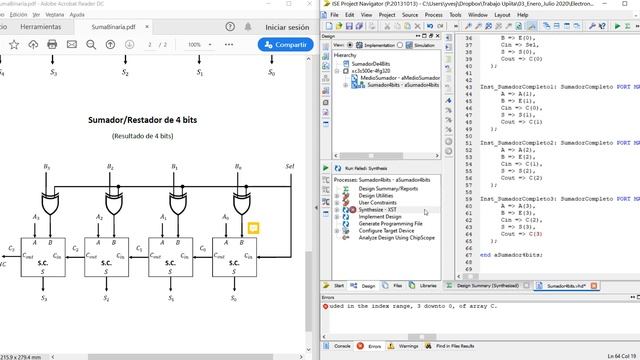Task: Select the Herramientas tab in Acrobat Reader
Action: click(x=40, y=27)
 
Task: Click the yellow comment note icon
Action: click(x=254, y=228)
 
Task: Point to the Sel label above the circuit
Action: click(x=290, y=166)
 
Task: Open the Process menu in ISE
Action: click(x=433, y=15)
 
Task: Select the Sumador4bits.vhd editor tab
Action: click(x=567, y=286)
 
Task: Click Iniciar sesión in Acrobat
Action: click(x=286, y=27)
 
